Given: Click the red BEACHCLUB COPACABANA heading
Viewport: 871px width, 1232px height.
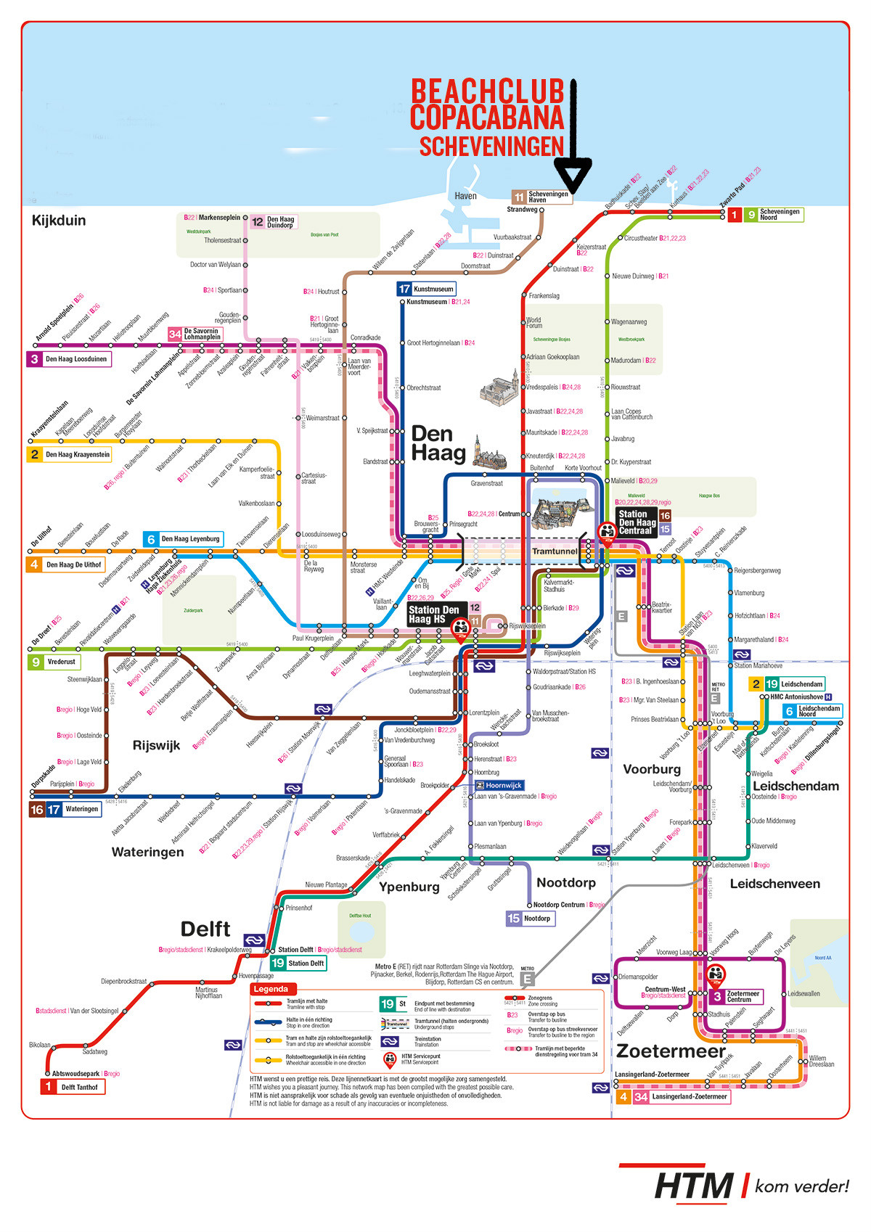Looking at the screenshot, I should point(487,104).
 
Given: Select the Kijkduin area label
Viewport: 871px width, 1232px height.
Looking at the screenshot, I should point(59,221).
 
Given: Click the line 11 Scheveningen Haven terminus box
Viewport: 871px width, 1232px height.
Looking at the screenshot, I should point(541,197).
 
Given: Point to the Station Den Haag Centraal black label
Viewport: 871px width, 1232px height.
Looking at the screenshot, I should point(636,522).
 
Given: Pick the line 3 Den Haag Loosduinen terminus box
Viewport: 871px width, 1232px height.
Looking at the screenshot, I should point(69,359).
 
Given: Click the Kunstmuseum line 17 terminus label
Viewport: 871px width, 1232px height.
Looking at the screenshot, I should point(426,289).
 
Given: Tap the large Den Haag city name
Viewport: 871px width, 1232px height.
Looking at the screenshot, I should point(438,443).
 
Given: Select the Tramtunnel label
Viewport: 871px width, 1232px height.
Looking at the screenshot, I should point(555,551).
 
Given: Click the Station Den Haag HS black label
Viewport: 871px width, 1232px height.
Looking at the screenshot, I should point(433,615).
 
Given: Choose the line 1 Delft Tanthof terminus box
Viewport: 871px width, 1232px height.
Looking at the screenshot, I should point(73,1087).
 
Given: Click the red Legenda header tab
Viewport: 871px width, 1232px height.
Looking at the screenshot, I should point(271,989).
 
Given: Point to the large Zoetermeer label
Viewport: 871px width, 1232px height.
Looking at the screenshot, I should point(671,1051).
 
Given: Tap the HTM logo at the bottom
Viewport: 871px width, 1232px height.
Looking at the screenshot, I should point(694,1186).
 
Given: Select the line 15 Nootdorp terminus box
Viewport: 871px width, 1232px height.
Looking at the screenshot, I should point(530,919).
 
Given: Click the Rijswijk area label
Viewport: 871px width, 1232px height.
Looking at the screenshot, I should point(156,745).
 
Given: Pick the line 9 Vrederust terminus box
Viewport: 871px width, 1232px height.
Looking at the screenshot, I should point(54,662).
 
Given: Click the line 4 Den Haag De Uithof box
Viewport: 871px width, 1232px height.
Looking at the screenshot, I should point(66,564).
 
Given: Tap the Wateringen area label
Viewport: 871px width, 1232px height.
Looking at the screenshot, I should point(147,852).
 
